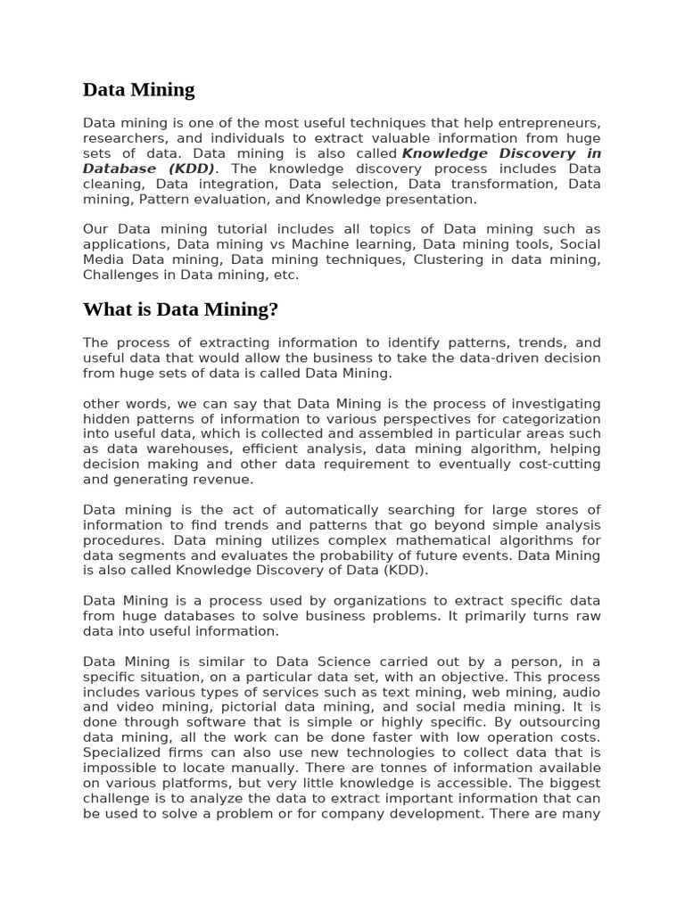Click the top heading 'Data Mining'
138,89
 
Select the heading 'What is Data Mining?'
180,309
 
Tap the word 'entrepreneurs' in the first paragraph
553,123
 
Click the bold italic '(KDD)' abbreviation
189,169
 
